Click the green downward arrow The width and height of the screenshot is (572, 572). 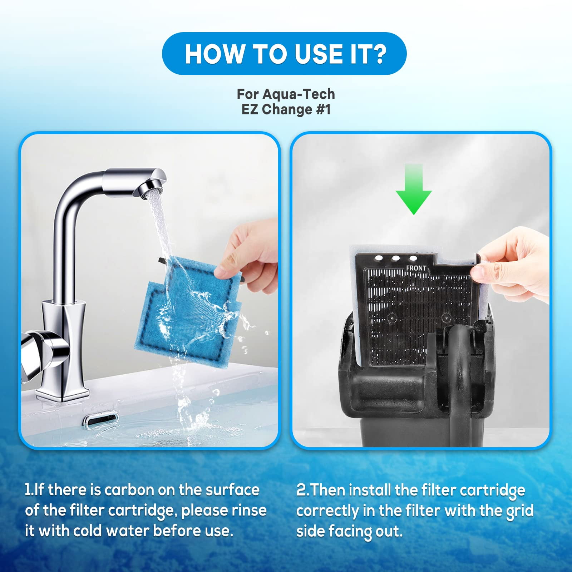tap(414, 189)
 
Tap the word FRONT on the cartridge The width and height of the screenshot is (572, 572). tap(416, 268)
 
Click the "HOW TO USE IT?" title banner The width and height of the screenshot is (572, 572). tap(284, 54)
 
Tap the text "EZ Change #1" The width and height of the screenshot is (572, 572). tap(286, 109)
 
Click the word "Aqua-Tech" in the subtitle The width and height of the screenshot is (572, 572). tap(299, 94)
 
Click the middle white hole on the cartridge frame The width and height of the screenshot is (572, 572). tap(396, 258)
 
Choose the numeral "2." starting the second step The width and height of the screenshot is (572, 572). tap(303, 490)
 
